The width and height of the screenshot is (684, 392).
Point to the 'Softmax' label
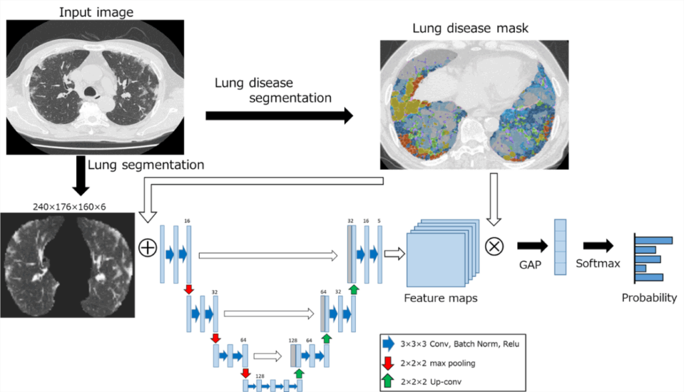(598, 263)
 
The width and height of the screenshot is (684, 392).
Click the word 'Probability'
(649, 298)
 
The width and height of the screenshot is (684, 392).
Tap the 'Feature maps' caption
(441, 298)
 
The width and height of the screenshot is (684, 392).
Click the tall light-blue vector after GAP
(560, 246)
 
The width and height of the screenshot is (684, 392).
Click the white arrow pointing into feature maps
(395, 252)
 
